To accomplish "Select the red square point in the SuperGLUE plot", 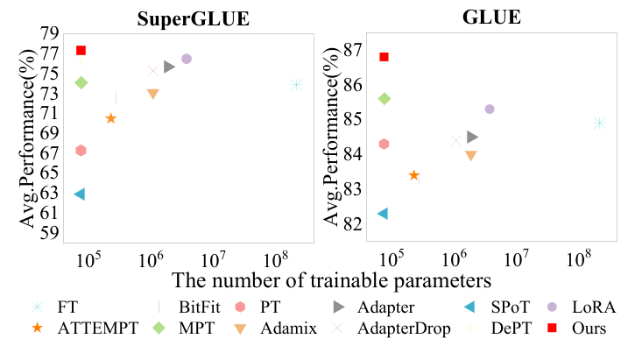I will (81, 50).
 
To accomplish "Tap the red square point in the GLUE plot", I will (384, 57).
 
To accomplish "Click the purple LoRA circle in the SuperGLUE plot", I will (186, 59).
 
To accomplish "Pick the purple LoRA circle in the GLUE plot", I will (490, 109).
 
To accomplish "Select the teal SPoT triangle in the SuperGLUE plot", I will (80, 194).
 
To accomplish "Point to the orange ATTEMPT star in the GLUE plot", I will (413, 175).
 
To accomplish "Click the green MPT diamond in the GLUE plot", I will (384, 99).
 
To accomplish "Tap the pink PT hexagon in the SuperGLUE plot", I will (81, 151).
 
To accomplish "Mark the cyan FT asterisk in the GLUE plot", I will (600, 123).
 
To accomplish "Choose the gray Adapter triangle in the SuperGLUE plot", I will (170, 67).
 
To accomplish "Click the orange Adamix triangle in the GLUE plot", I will (470, 156).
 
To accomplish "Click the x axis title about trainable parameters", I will (330, 280).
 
